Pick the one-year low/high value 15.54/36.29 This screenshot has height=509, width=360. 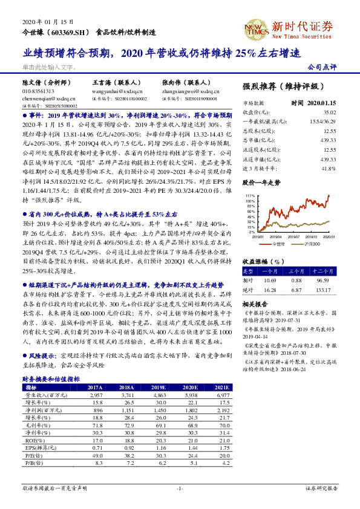[324, 122]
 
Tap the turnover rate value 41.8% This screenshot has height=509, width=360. [329, 168]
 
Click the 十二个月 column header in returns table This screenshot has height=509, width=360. [323, 272]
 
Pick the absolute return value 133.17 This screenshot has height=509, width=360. [324, 290]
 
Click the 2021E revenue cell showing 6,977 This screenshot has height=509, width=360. [223, 394]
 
